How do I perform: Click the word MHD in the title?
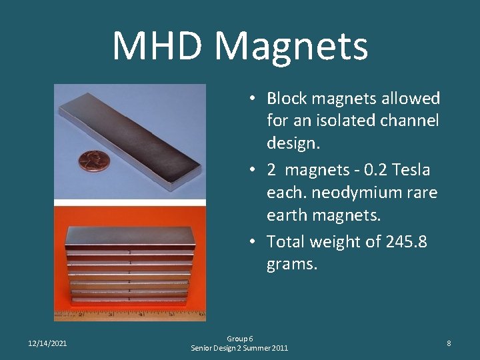pos(158,46)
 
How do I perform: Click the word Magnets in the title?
pos(291,46)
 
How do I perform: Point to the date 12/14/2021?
pos(47,343)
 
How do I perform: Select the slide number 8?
pos(449,343)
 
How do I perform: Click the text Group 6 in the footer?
pos(239,339)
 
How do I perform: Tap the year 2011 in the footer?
pos(278,348)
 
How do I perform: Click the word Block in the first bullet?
pos(285,99)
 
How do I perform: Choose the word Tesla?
pos(415,170)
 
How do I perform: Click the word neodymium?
pos(345,193)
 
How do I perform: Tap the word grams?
pos(291,264)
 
